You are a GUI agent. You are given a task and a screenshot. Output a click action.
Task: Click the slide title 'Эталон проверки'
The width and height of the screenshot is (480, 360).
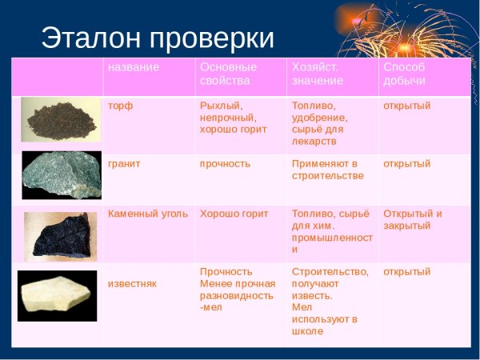(157, 38)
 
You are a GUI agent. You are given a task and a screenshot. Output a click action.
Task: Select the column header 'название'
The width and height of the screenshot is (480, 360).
(134, 67)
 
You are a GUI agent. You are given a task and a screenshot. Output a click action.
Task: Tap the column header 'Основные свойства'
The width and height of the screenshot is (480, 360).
(228, 74)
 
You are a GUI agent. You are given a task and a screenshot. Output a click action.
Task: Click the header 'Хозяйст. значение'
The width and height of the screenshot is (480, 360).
(318, 74)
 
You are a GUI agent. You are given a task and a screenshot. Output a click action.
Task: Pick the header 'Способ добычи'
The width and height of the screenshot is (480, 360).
(405, 74)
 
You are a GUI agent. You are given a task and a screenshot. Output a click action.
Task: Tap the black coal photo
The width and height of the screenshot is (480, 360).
(60, 236)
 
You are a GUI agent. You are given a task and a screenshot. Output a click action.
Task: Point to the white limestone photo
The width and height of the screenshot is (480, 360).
(57, 295)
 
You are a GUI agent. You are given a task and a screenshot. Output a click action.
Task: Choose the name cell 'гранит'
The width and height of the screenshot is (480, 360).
(124, 163)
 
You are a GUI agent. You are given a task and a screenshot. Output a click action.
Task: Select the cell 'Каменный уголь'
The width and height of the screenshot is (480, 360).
(148, 214)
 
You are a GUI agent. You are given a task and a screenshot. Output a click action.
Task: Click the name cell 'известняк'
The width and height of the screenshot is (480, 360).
(132, 284)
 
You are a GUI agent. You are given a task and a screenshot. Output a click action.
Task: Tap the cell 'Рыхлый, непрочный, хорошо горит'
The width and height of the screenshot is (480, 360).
(233, 117)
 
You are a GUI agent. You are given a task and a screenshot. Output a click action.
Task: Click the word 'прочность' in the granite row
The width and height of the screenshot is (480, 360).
(225, 163)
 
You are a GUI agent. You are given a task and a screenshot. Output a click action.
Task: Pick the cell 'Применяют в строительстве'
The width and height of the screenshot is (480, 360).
(327, 170)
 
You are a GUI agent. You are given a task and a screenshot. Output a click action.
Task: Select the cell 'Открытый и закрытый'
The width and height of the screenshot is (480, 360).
(412, 220)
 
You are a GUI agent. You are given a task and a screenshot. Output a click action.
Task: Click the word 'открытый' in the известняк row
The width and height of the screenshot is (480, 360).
(406, 272)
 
